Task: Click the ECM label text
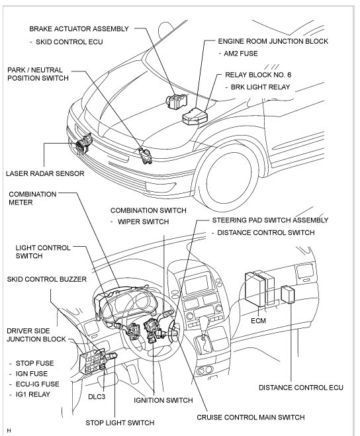pos(258,321)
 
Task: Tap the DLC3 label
pos(97,396)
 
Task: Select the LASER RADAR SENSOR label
pos(45,173)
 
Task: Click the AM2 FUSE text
pos(241,54)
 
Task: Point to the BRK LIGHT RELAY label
pos(260,87)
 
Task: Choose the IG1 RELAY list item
pos(33,394)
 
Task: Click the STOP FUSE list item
pos(35,363)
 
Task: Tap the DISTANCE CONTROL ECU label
pos(300,387)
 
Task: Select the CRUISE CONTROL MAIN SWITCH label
pos(251,417)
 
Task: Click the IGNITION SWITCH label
pos(163,400)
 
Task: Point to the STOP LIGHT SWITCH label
pos(120,423)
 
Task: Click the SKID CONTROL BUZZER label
pos(47,279)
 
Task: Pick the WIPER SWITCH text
pos(144,222)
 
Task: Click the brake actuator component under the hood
pos(177,101)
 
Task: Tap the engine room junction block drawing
pos(195,116)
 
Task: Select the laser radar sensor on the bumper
pos(83,143)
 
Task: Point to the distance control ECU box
pos(288,294)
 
